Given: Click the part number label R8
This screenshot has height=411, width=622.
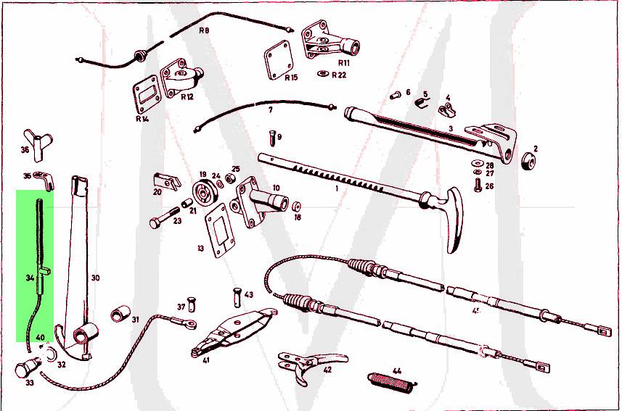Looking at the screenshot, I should point(204,31).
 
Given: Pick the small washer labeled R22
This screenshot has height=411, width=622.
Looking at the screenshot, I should point(320,73).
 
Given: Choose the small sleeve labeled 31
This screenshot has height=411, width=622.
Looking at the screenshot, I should point(118,316).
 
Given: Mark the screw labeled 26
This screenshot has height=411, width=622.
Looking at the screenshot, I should point(477,185).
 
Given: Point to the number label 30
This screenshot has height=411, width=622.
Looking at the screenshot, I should point(95,277).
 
